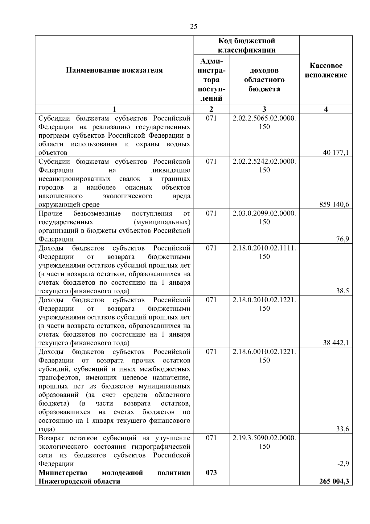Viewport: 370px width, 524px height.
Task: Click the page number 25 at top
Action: [x=194, y=27]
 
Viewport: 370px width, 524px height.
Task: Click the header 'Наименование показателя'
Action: [x=114, y=70]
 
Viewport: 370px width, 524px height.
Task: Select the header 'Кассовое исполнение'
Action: [x=326, y=70]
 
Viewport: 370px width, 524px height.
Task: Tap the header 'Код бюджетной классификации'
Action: [x=247, y=45]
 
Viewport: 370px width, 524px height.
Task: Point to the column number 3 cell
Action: [x=264, y=109]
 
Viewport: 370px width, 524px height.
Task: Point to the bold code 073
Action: [x=211, y=473]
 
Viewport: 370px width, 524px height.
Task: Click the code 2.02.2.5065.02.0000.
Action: [x=264, y=118]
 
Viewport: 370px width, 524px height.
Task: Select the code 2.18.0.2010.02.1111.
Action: [x=264, y=248]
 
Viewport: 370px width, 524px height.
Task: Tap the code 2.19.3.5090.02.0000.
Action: [x=264, y=438]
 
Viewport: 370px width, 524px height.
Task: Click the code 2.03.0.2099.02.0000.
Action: [x=264, y=213]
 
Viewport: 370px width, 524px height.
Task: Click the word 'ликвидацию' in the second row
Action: [x=170, y=170]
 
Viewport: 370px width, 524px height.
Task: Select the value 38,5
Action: [x=343, y=291]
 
